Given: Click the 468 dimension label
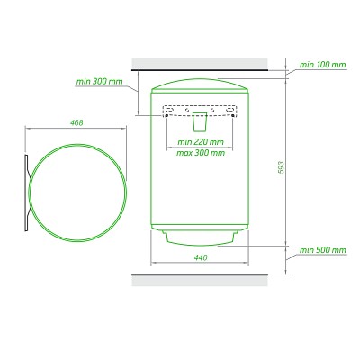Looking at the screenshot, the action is click(76, 122).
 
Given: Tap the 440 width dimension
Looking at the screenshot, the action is click(201, 257).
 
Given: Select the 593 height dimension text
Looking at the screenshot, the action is click(281, 167).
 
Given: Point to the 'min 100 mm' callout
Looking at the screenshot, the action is click(322, 65).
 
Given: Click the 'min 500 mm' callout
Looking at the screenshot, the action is click(322, 250).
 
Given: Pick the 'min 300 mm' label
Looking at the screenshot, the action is click(99, 81).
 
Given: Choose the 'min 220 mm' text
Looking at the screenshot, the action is click(201, 141).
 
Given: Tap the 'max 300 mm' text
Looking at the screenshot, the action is click(201, 153).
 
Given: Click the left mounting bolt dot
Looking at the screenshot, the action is click(166, 115).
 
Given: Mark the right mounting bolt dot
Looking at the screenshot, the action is click(233, 115).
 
